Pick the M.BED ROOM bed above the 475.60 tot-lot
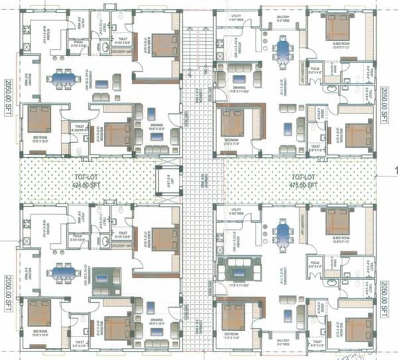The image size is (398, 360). [x=338, y=27]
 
